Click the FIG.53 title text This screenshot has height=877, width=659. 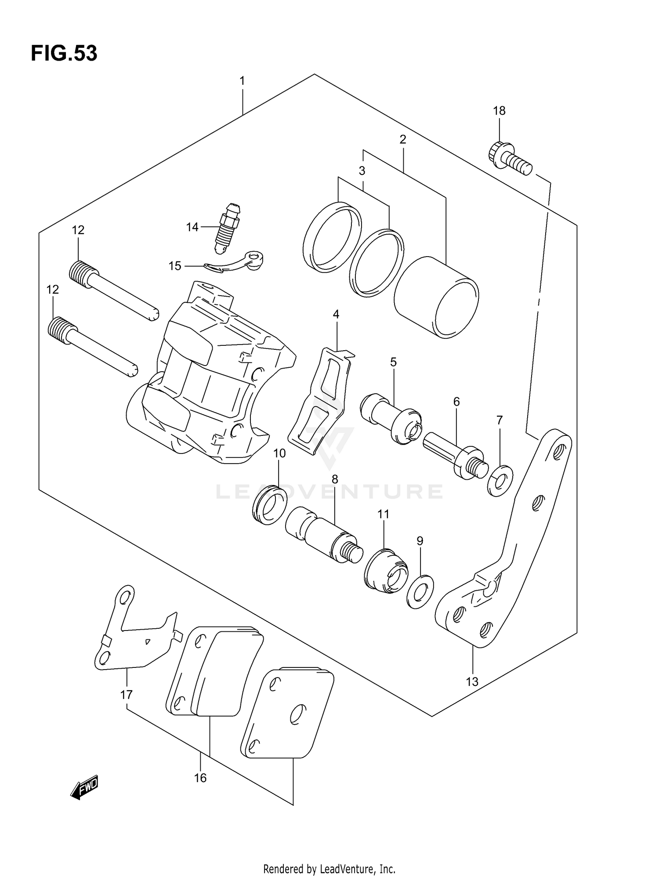click(64, 54)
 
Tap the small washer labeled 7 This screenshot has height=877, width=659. click(500, 481)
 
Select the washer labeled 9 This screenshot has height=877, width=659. click(420, 591)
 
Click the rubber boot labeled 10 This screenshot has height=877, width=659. click(269, 506)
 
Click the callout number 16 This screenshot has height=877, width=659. click(200, 778)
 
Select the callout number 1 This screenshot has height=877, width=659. click(242, 81)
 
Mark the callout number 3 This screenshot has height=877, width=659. click(362, 171)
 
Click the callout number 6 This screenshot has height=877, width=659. click(456, 401)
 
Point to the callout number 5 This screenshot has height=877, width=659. click(393, 362)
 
